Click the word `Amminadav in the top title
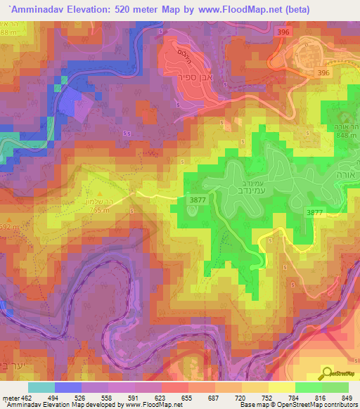click(34, 9)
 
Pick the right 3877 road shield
click(314, 212)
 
